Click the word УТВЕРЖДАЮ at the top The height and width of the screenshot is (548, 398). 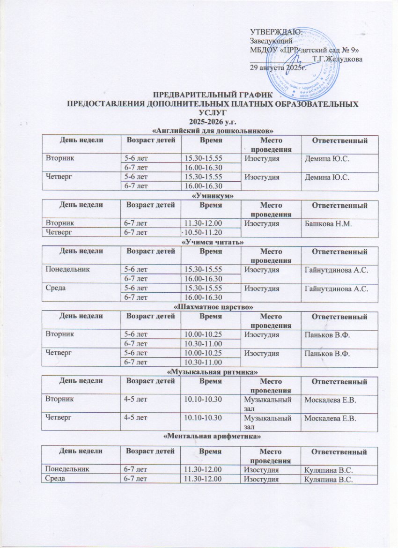276,32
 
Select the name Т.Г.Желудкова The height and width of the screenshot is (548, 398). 339,59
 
